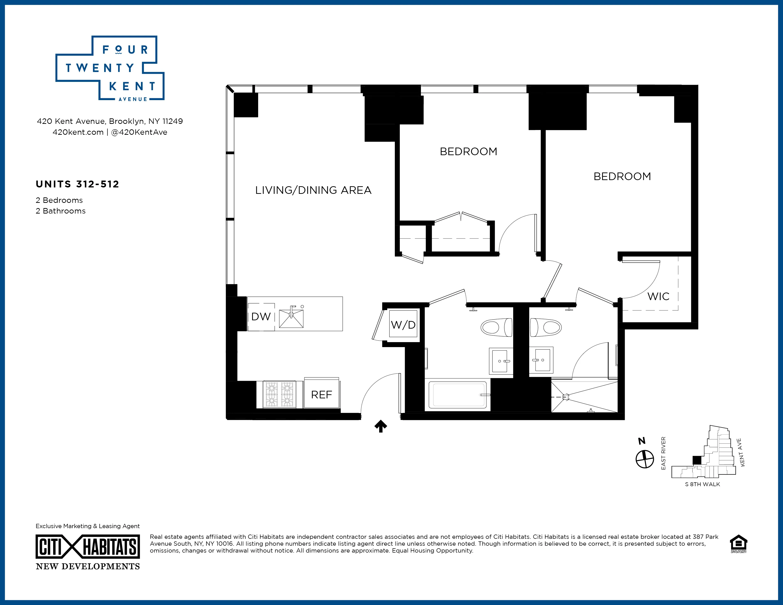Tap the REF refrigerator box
click(x=322, y=395)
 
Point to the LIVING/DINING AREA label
click(x=313, y=190)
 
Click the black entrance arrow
click(x=381, y=426)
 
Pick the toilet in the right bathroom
click(x=546, y=327)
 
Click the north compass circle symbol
click(x=645, y=459)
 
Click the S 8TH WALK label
click(x=702, y=484)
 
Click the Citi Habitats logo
click(x=88, y=547)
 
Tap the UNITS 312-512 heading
click(x=77, y=184)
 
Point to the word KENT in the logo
click(x=132, y=86)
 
